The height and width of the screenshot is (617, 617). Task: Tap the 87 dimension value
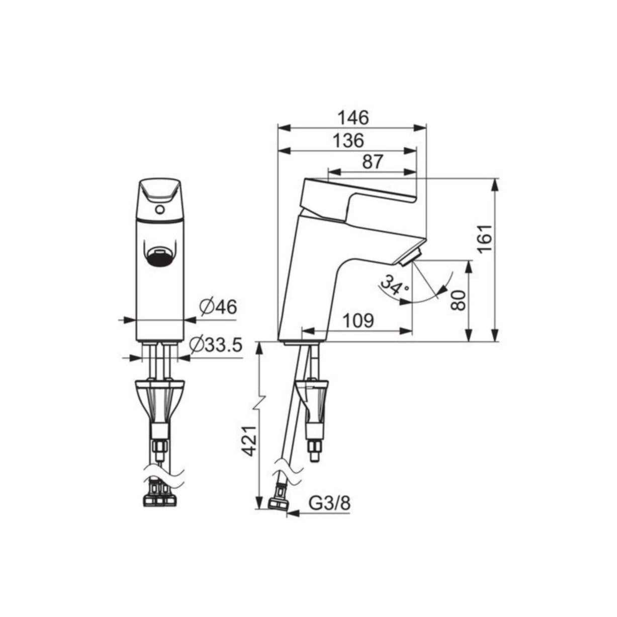click(x=373, y=162)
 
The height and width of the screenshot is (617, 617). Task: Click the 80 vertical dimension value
click(x=457, y=300)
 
